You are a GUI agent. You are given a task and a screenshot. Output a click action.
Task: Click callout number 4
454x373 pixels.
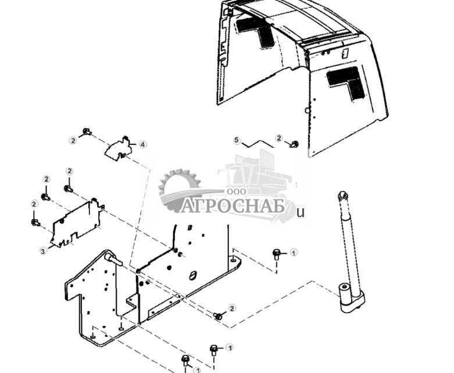[x=142, y=144]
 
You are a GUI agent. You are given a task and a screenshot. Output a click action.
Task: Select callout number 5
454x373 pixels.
[x=237, y=140]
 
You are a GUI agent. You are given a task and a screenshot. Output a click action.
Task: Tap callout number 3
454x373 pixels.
[x=43, y=251]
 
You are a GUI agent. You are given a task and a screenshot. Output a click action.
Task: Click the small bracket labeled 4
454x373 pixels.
[x=118, y=149]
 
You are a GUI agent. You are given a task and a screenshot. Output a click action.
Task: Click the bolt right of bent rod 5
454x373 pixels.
[x=294, y=143]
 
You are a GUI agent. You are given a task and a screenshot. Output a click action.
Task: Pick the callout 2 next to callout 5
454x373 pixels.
[x=279, y=138]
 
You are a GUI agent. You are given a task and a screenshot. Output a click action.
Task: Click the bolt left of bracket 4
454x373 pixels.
[x=87, y=133]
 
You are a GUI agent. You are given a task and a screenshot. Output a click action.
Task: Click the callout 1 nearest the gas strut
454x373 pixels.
[x=294, y=253]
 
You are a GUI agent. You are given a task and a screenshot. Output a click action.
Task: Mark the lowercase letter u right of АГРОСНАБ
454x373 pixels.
[x=301, y=212]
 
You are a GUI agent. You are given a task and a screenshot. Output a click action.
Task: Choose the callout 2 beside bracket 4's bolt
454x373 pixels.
[x=73, y=140]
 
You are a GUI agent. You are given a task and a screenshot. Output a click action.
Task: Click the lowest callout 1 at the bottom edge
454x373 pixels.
[x=198, y=369]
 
